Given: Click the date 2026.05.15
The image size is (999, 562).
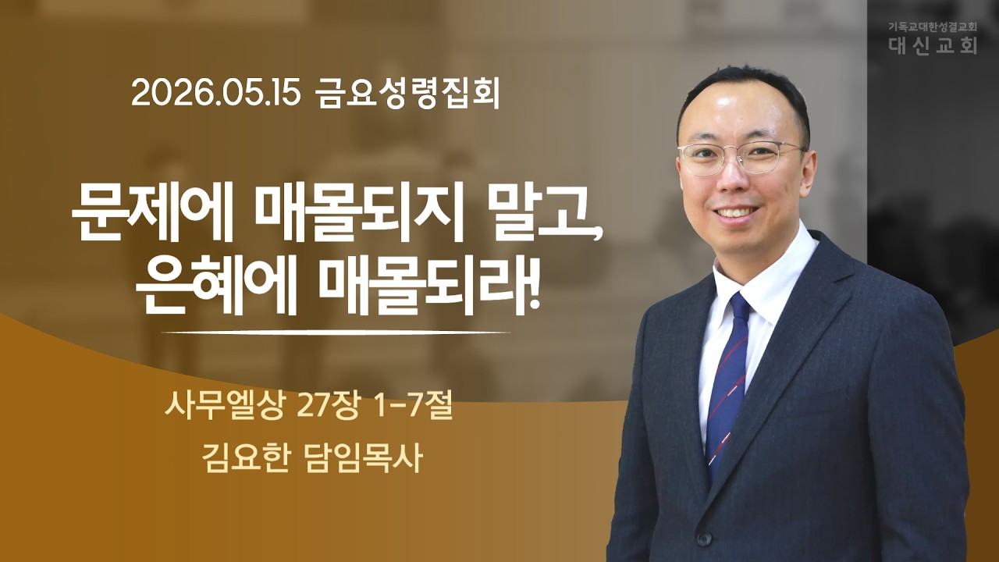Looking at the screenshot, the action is coord(215,95).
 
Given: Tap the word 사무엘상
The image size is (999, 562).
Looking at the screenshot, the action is coord(223,409).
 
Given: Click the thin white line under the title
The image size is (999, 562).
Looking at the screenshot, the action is coord(336,333).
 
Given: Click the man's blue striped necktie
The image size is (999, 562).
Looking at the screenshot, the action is coord(727,379).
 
